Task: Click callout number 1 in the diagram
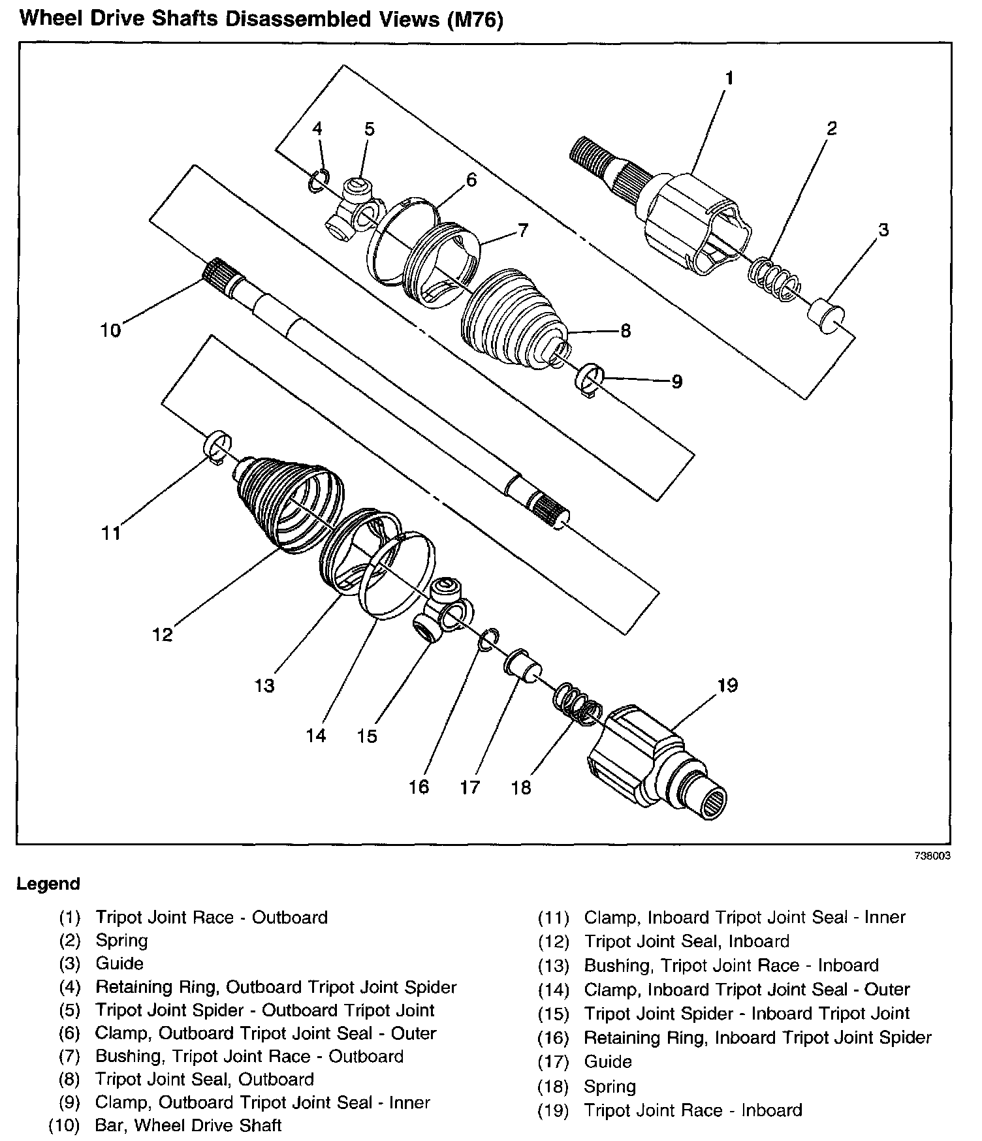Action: [x=729, y=79]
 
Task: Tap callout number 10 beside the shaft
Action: [x=111, y=330]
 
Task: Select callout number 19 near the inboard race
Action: [x=727, y=685]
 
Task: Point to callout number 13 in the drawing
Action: [x=264, y=686]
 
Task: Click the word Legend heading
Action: [x=48, y=884]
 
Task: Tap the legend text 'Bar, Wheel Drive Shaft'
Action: [x=189, y=1125]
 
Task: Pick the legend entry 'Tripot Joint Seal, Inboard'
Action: [x=686, y=941]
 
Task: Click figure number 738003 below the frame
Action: [x=932, y=856]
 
